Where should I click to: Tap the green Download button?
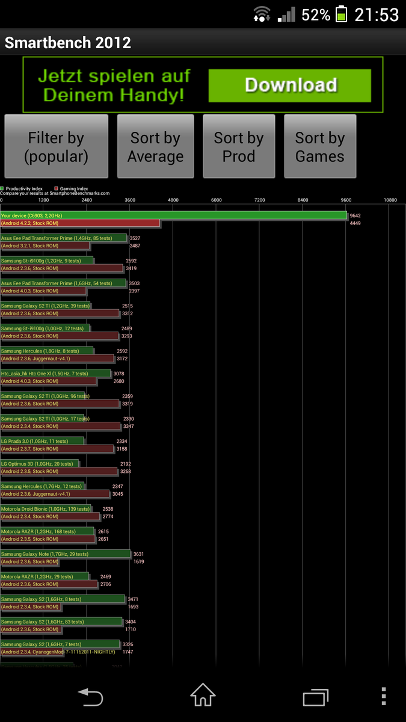click(x=289, y=85)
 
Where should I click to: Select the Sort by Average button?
click(x=155, y=147)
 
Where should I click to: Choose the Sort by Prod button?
click(x=239, y=147)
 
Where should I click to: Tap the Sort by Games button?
click(x=320, y=147)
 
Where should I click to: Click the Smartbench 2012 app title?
click(x=68, y=43)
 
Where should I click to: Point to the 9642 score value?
click(x=355, y=215)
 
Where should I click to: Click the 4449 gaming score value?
click(x=355, y=223)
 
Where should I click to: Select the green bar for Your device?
click(x=174, y=215)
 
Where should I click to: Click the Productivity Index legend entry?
click(x=24, y=188)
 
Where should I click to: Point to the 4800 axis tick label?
click(x=173, y=200)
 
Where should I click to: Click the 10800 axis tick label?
click(x=390, y=200)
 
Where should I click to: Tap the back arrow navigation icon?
click(x=91, y=697)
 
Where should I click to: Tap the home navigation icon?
click(x=203, y=696)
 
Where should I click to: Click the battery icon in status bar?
click(x=341, y=14)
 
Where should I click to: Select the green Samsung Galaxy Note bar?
click(x=66, y=554)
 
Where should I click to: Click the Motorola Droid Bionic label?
click(x=45, y=509)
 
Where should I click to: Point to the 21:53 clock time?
click(x=377, y=14)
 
